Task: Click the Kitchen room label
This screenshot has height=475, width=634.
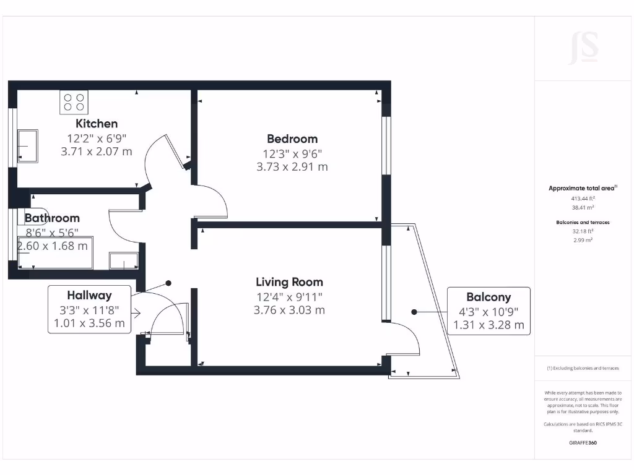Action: tap(97, 124)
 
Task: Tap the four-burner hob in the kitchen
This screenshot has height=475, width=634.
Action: tap(74, 102)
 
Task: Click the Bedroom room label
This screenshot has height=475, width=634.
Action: tap(292, 139)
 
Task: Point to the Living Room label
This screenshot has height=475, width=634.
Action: tap(289, 283)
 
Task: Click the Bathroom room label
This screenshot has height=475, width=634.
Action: tap(52, 218)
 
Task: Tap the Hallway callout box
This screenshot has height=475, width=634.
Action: tap(89, 309)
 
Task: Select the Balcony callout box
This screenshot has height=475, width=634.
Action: tap(489, 310)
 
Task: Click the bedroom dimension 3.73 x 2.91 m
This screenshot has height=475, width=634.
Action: tap(292, 166)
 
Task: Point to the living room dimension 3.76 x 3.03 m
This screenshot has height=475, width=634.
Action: tap(289, 310)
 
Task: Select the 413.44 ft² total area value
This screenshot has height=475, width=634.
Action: tap(583, 199)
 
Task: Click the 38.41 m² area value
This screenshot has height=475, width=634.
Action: tap(583, 208)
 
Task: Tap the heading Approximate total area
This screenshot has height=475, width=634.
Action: tap(582, 188)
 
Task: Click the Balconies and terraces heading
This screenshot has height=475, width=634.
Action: tap(583, 221)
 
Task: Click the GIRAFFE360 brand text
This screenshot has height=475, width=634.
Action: tap(583, 443)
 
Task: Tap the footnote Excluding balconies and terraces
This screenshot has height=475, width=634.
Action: tap(583, 368)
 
